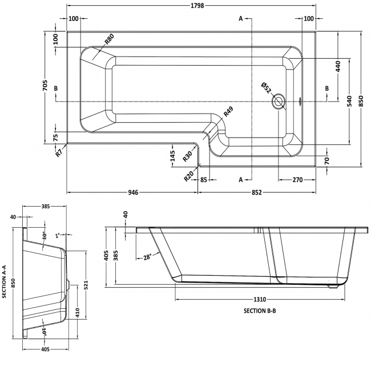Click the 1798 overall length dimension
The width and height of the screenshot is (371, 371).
pos(191,6)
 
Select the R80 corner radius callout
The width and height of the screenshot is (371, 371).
pos(108,40)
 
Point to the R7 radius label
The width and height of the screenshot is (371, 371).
pos(59,152)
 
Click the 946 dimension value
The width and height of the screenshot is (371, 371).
pos(132,192)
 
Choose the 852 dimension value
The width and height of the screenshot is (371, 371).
pos(256,192)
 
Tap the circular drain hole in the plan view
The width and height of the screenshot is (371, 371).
pos(279,102)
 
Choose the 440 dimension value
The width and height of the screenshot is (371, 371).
pos(338,66)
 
